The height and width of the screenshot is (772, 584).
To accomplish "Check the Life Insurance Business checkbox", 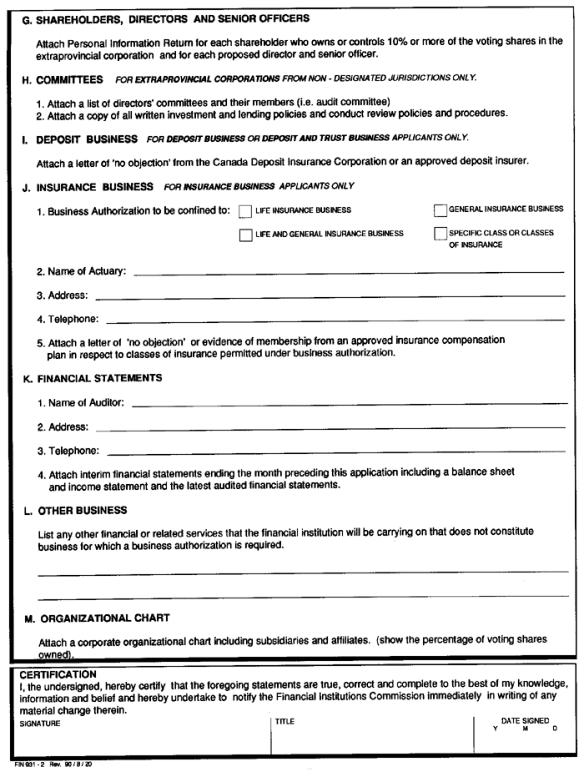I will pyautogui.click(x=245, y=211).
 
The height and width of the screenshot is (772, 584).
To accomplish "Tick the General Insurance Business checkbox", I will pyautogui.click(x=441, y=210).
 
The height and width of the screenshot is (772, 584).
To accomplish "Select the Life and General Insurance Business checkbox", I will pyautogui.click(x=245, y=235).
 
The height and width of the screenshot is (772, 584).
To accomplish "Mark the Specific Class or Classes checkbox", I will pyautogui.click(x=441, y=235).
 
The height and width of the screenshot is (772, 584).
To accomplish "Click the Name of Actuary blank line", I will pyautogui.click(x=348, y=271).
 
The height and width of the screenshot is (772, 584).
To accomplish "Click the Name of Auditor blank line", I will pyautogui.click(x=348, y=403).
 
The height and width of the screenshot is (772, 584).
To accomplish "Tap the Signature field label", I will pyautogui.click(x=40, y=723).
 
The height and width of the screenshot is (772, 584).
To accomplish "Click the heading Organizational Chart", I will pyautogui.click(x=104, y=618).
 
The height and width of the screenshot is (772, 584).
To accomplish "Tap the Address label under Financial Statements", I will pyautogui.click(x=63, y=427).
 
